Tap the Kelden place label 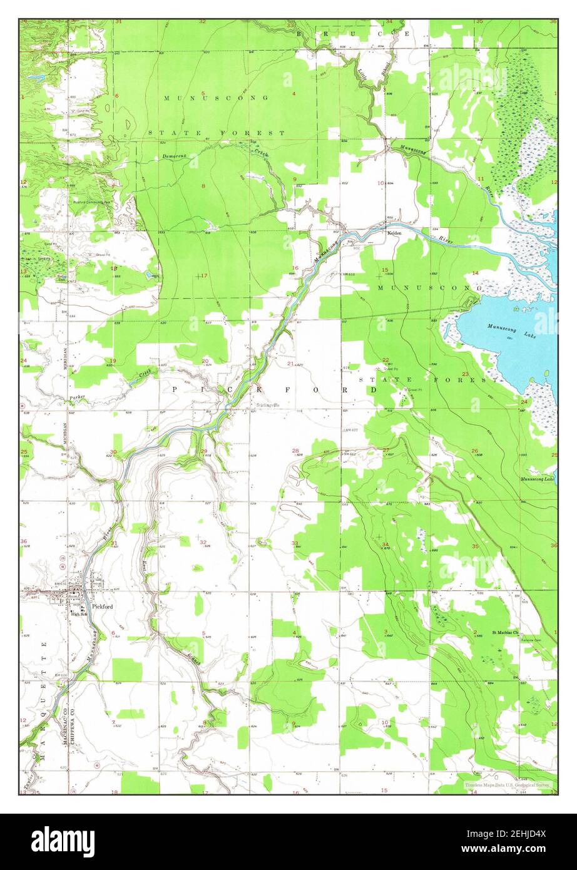click(394, 232)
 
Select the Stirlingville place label click(269, 404)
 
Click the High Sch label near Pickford click(78, 613)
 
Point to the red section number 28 click(295, 450)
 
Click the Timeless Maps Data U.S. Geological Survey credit click(507, 784)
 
